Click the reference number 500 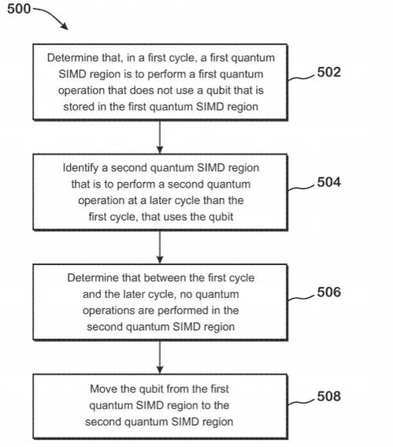(19, 9)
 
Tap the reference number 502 (329, 72)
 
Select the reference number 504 (329, 182)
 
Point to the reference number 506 (329, 292)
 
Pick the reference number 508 (329, 397)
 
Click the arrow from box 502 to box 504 (160, 137)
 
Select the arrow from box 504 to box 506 (160, 248)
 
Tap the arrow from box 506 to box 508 (160, 357)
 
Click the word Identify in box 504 (80, 168)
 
